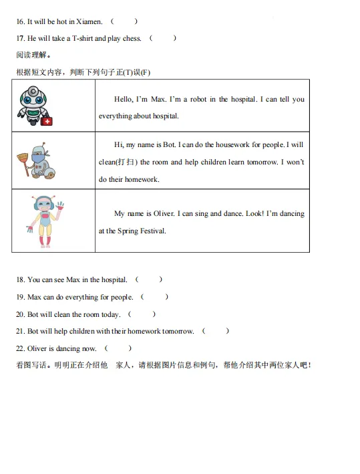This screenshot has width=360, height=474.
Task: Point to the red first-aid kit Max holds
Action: tap(47, 121)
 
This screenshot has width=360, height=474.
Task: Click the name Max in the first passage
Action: tap(158, 99)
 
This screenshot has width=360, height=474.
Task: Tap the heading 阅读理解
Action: tap(33, 55)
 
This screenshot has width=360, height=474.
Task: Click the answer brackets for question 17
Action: tap(163, 38)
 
